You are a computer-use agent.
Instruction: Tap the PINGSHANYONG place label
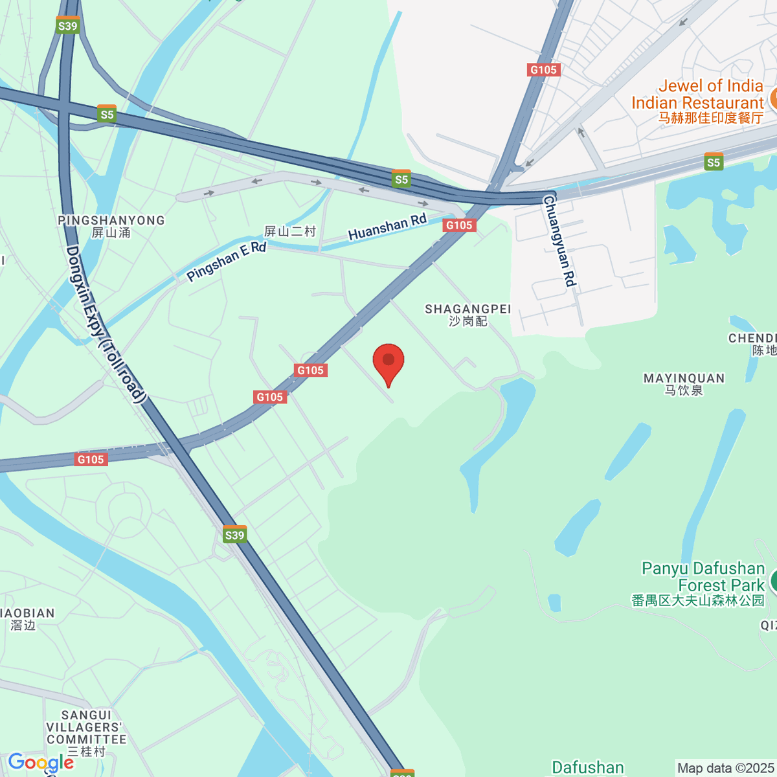[x=111, y=220]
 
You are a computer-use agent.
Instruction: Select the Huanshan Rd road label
[x=387, y=227]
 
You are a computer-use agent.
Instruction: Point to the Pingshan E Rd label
[x=227, y=261]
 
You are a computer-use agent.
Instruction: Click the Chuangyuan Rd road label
[x=559, y=241]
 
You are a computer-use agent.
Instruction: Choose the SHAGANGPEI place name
[x=467, y=309]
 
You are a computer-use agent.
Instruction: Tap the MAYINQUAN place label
[x=684, y=378]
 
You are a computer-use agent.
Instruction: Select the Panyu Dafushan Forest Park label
[x=703, y=577]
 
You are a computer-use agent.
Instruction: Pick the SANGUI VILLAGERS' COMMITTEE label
[x=86, y=727]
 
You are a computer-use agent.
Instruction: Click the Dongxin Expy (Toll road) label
[x=104, y=324]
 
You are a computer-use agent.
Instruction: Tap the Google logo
[x=40, y=762]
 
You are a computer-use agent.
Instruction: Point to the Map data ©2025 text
[x=725, y=768]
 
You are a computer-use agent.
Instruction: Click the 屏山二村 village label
[x=290, y=231]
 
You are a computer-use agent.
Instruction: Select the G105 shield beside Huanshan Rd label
[x=459, y=225]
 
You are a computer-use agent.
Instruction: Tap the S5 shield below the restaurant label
[x=714, y=162]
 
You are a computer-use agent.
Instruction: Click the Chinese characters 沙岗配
[x=467, y=321]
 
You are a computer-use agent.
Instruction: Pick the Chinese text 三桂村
[x=86, y=752]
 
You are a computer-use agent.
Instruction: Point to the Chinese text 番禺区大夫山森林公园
[x=698, y=601]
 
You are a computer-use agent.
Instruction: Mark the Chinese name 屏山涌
[x=111, y=232]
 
